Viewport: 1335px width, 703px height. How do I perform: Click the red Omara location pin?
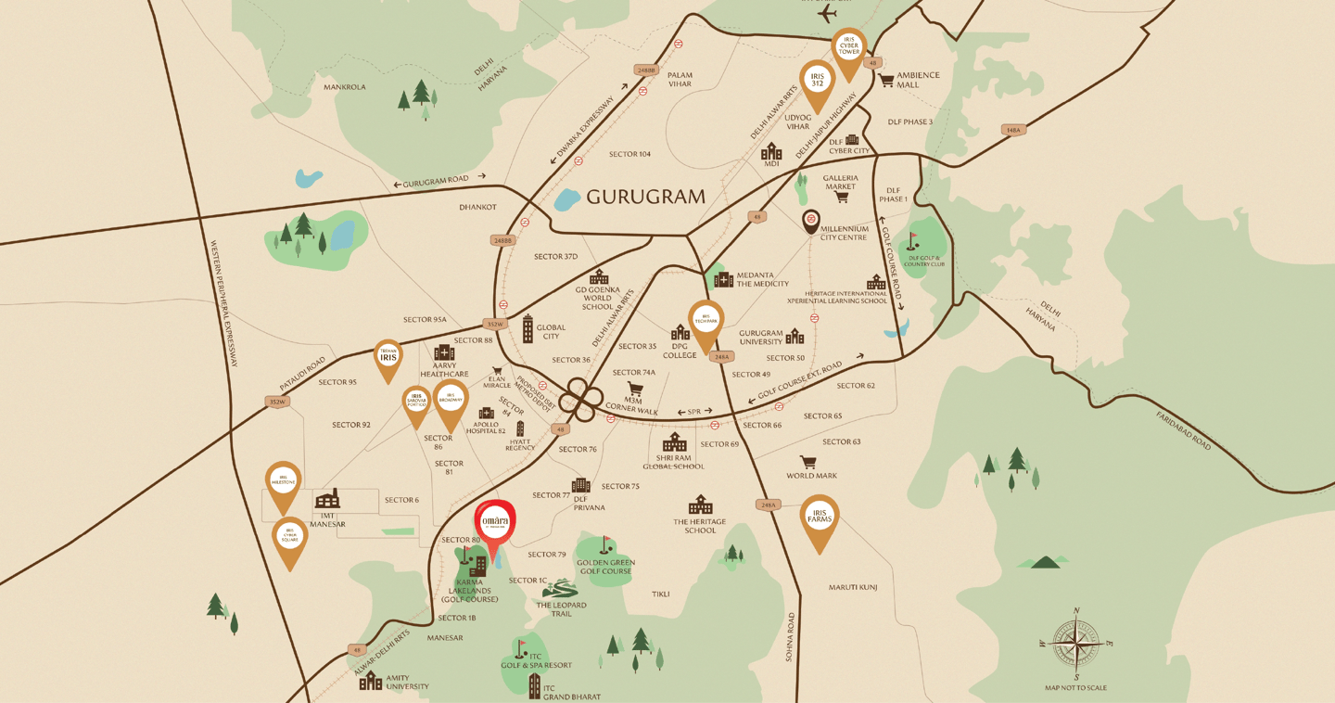495,525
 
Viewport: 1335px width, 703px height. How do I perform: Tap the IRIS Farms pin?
820,518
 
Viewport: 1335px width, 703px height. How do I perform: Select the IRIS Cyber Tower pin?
848,49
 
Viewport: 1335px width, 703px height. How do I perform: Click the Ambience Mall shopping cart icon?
886,81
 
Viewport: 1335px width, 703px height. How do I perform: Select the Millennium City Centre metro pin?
811,221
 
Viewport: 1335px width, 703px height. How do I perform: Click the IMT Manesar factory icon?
327,499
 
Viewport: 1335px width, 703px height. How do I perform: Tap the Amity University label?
407,683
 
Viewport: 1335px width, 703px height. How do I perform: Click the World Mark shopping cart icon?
808,461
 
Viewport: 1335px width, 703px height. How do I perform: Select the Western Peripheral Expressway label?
228,305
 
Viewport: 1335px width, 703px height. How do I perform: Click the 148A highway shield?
1014,130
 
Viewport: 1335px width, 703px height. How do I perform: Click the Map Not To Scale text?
1075,688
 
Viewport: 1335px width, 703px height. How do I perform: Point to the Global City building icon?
528,328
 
